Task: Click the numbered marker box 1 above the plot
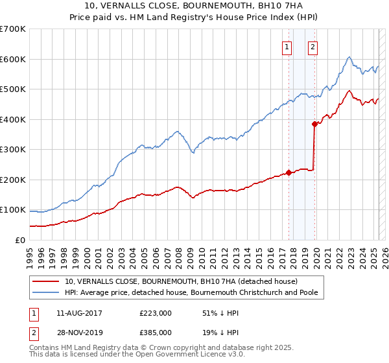(x=287, y=46)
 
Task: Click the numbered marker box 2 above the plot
(x=312, y=46)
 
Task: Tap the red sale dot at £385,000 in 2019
(x=314, y=124)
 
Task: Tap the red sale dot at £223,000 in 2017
(x=289, y=172)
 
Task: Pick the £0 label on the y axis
(x=20, y=240)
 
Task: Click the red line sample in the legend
(x=46, y=281)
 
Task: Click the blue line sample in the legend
(x=46, y=293)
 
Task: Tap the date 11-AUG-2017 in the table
(x=79, y=313)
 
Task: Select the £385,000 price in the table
(x=155, y=332)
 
